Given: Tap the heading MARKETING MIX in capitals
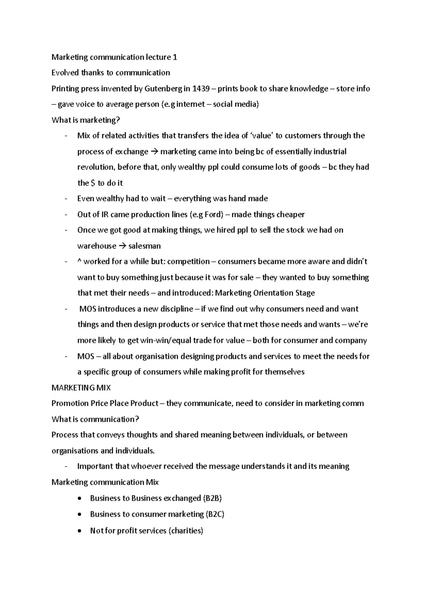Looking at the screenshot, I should tap(81, 388).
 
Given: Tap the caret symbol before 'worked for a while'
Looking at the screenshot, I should tap(79, 262).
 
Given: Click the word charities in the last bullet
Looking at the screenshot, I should tap(186, 531).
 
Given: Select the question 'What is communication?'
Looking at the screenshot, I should tap(95, 419).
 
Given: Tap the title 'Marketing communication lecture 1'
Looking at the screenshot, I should tap(114, 57).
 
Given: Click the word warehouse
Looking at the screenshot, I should tap(97, 246).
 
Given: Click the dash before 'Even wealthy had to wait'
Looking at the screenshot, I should tap(66, 199).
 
